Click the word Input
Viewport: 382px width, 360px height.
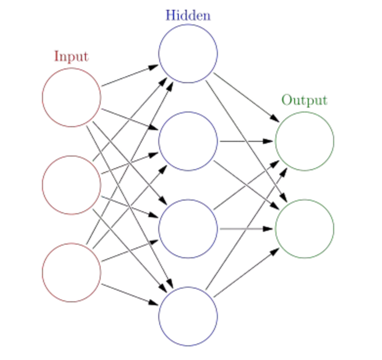pyautogui.click(x=71, y=56)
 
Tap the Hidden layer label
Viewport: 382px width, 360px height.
pyautogui.click(x=188, y=15)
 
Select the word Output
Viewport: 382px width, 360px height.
pyautogui.click(x=304, y=100)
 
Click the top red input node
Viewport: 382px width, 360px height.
pyautogui.click(x=71, y=97)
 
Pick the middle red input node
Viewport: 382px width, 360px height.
pyautogui.click(x=71, y=185)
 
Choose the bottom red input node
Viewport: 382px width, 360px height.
pyautogui.click(x=71, y=272)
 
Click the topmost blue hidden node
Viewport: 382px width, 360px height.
pyautogui.click(x=188, y=53)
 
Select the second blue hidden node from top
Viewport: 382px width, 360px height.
pyautogui.click(x=188, y=141)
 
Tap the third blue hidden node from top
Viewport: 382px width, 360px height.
pyautogui.click(x=188, y=228)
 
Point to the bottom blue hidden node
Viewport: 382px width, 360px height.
pyautogui.click(x=188, y=316)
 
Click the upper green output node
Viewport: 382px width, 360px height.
pyautogui.click(x=304, y=141)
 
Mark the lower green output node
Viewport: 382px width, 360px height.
pyautogui.click(x=304, y=228)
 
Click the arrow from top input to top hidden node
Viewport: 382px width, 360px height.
pyautogui.click(x=129, y=75)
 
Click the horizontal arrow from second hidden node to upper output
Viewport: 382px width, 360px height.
pyautogui.click(x=244, y=141)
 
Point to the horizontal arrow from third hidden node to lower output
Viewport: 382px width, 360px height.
pyautogui.click(x=244, y=228)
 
